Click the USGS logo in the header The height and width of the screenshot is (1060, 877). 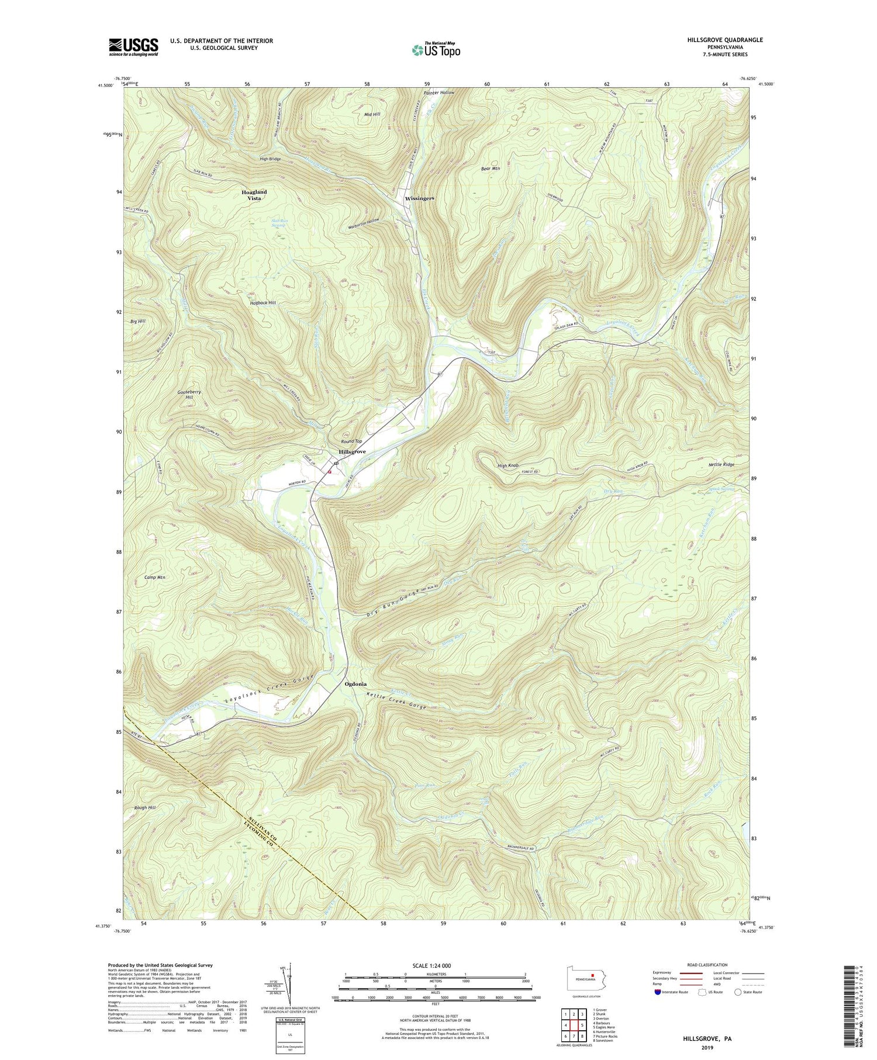pos(133,47)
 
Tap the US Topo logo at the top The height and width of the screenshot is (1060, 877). pos(436,50)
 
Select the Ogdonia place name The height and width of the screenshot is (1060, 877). pos(355,683)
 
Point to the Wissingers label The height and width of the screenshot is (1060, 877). pos(419,199)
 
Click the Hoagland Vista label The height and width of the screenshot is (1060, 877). pos(254,195)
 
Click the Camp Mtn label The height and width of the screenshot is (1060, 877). pos(155,578)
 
